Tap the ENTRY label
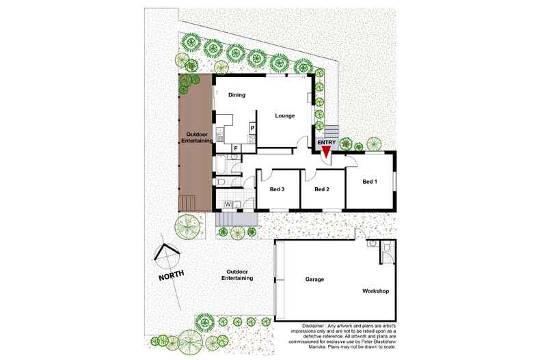327,142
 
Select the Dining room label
237,95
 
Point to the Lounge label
285,115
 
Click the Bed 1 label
370,182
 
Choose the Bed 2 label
322,189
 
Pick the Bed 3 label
277,189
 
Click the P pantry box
252,128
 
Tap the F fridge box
236,148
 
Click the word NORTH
171,277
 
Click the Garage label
314,280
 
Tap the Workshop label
375,292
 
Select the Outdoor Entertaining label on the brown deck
195,137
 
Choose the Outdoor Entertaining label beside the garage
239,275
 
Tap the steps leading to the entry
331,130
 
